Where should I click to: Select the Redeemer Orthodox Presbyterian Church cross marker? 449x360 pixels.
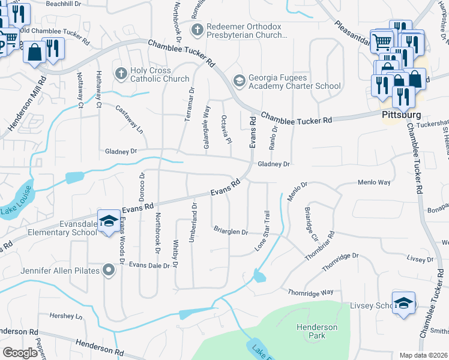point(196,28)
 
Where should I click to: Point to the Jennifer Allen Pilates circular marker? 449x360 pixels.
point(109,271)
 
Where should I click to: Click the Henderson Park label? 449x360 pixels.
point(316,331)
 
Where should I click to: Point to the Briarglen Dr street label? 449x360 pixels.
point(231,232)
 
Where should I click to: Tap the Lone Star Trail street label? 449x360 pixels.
point(263,230)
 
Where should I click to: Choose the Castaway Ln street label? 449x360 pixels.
point(130,119)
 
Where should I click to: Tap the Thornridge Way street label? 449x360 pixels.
point(310,292)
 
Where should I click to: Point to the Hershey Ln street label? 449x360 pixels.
point(65,316)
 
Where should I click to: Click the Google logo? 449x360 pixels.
point(20,353)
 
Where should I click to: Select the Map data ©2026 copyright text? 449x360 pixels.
point(423,355)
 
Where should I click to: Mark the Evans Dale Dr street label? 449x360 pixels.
point(149,265)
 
